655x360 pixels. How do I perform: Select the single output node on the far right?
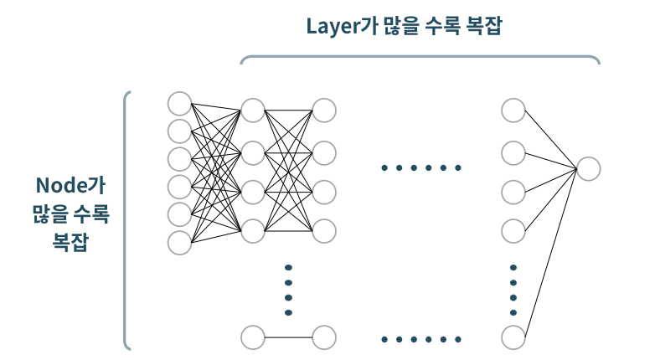pyautogui.click(x=588, y=168)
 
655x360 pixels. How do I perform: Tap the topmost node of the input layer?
pyautogui.click(x=179, y=103)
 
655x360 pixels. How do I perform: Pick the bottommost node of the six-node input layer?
pyautogui.click(x=179, y=243)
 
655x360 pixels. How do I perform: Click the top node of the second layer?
pyautogui.click(x=253, y=111)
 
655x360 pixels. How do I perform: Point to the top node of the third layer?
pyautogui.click(x=324, y=111)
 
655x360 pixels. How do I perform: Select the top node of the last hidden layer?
pyautogui.click(x=513, y=111)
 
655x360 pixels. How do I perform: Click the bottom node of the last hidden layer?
pyautogui.click(x=513, y=338)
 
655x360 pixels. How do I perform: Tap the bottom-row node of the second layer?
pyautogui.click(x=253, y=338)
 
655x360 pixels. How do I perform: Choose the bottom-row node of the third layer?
pyautogui.click(x=324, y=338)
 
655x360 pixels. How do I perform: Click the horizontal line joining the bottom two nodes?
pyautogui.click(x=288, y=338)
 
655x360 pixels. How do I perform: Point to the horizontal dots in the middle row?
pyautogui.click(x=420, y=168)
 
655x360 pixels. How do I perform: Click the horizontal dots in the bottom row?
pyautogui.click(x=420, y=339)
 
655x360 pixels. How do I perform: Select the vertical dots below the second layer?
pyautogui.click(x=288, y=290)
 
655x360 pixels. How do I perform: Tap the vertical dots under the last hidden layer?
pyautogui.click(x=513, y=290)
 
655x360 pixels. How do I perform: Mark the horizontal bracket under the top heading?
pyautogui.click(x=420, y=57)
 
